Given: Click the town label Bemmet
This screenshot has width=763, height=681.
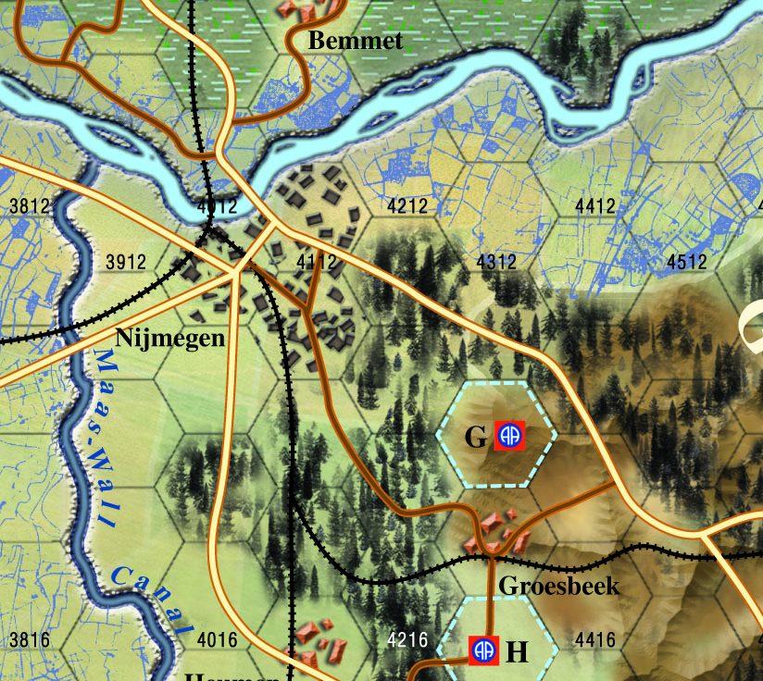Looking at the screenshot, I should [356, 41].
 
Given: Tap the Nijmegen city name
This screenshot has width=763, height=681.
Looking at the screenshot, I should [170, 338].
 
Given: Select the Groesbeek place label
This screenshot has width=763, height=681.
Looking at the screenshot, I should [558, 586].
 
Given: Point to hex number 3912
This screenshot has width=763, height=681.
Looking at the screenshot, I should [126, 262].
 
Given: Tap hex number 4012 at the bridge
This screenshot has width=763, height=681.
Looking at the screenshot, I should [218, 205].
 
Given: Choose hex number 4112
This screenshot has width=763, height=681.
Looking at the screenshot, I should [316, 262].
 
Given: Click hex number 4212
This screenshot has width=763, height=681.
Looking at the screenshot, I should [407, 206].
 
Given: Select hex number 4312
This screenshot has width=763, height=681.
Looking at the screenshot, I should [496, 262].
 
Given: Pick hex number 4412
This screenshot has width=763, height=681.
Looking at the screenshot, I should [594, 206].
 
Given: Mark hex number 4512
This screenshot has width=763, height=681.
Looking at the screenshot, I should [687, 262].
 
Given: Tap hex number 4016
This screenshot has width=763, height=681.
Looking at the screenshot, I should [218, 639].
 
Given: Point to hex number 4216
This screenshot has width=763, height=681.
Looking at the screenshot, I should [407, 639].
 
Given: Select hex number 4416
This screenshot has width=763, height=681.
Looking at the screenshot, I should [594, 639].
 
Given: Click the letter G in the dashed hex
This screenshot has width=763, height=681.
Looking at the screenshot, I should [475, 437].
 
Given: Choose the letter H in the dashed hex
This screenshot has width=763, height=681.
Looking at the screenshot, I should [518, 651].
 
